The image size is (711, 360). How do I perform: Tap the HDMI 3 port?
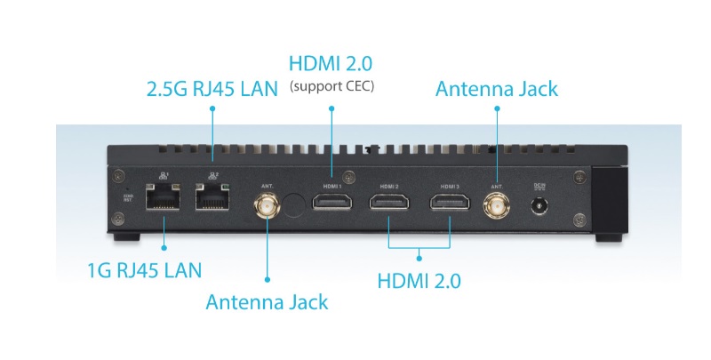click(450, 204)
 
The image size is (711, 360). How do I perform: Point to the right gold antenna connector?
click(496, 208)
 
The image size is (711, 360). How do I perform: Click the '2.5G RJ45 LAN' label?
click(211, 89)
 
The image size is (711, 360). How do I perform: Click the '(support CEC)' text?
click(332, 86)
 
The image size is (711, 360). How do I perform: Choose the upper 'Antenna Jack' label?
click(496, 89)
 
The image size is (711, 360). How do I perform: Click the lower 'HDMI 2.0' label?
click(419, 281)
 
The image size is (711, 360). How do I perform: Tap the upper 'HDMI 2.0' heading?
click(331, 64)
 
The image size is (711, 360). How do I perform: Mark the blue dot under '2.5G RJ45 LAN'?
click(212, 108)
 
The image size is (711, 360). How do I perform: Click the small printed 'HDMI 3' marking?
click(449, 187)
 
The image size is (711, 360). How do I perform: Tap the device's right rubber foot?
click(609, 237)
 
